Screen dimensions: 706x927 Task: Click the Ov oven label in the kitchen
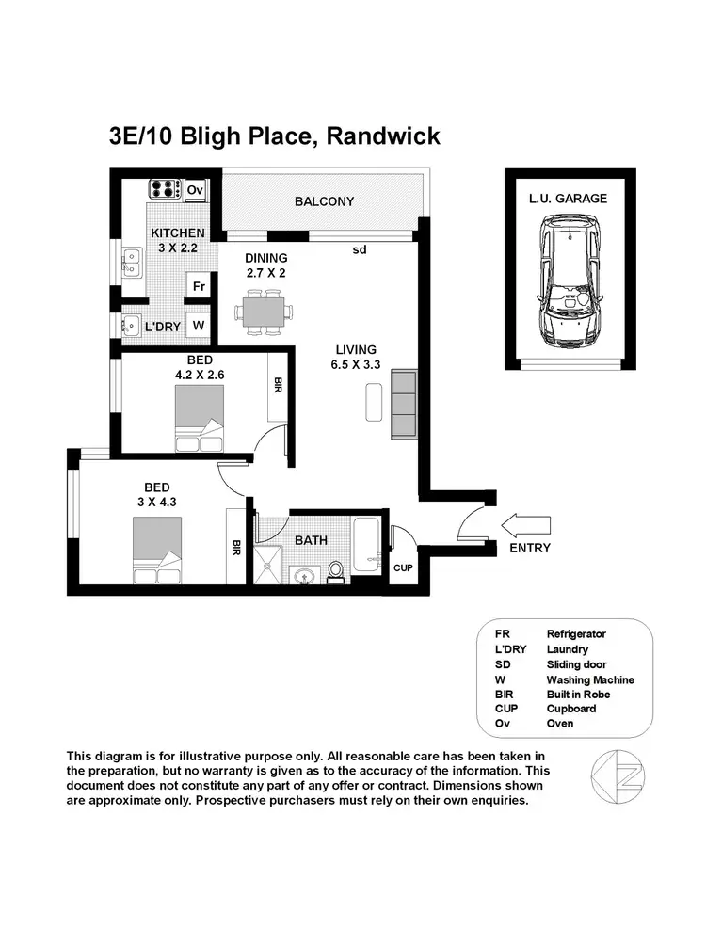[195, 190]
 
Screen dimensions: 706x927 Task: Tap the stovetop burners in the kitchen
[165, 188]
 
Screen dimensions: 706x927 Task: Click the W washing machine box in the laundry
[198, 326]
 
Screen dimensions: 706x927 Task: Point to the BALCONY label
[324, 201]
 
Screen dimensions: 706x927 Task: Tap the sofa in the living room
[402, 404]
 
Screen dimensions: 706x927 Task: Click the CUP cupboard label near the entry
[403, 568]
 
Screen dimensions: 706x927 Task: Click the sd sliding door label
[359, 249]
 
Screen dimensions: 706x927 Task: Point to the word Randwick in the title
[383, 136]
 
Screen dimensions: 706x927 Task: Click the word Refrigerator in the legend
[580, 634]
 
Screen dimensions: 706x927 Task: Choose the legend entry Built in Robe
[578, 695]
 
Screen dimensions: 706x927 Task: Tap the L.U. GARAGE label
[568, 199]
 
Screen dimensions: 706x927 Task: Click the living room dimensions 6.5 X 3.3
[355, 366]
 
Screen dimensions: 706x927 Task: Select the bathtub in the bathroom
[365, 546]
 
